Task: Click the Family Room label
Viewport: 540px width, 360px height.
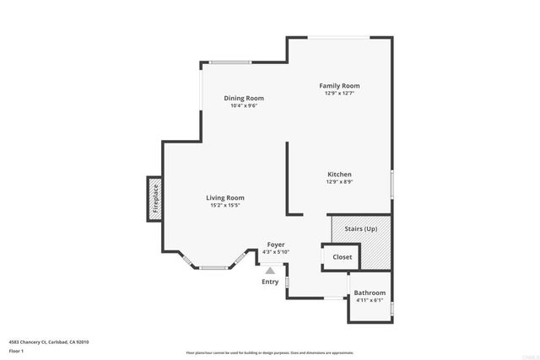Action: click(339, 86)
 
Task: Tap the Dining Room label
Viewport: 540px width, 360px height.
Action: click(244, 98)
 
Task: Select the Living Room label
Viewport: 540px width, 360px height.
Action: click(225, 198)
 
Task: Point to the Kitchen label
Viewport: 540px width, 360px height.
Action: click(339, 175)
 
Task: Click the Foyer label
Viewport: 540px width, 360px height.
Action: click(276, 244)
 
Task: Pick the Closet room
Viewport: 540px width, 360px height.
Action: click(343, 257)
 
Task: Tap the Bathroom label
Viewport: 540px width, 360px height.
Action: click(370, 293)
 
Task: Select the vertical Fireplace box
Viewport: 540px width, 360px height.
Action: click(155, 200)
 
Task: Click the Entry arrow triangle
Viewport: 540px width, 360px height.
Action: click(270, 271)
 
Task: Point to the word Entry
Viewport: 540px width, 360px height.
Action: click(270, 282)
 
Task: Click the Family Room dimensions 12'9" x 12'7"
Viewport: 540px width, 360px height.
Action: click(339, 94)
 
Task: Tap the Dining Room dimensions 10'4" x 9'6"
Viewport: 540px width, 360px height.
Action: click(244, 105)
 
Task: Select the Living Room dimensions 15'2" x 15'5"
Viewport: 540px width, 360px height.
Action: click(225, 206)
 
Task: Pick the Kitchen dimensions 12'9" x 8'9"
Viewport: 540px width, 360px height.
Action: click(339, 182)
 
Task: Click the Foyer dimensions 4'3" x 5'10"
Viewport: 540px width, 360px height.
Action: click(276, 252)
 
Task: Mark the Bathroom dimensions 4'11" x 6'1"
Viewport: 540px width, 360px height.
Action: click(370, 300)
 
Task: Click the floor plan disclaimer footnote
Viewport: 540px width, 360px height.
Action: click(269, 352)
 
